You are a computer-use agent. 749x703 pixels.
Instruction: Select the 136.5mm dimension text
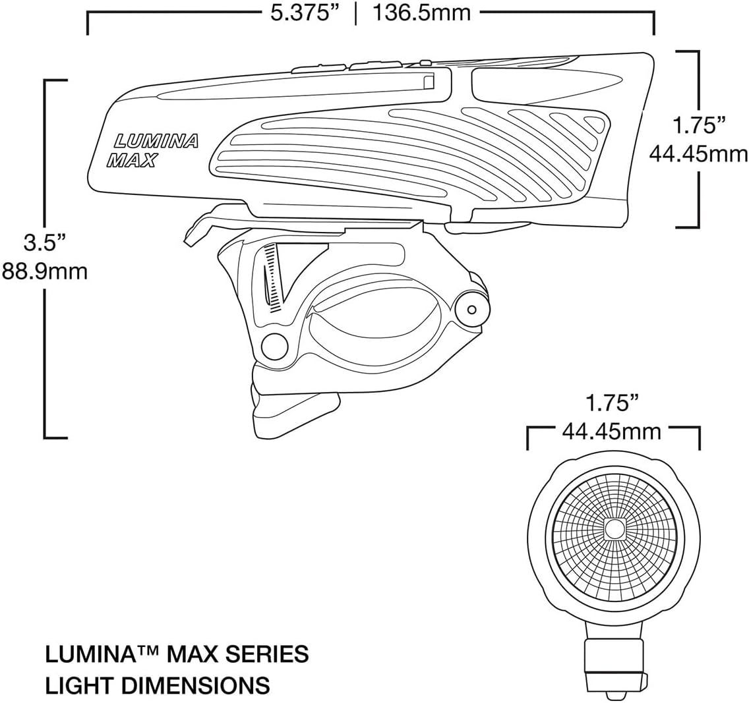point(422,13)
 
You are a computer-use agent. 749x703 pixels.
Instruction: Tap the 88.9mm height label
point(44,271)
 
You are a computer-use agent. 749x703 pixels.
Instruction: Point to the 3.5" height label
point(45,242)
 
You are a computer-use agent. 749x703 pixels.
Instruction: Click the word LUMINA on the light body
point(156,141)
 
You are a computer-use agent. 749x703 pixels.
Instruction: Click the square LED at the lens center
point(614,528)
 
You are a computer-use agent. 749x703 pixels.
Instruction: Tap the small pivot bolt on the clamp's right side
point(470,309)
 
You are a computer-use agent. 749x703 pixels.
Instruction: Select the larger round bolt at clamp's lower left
point(274,345)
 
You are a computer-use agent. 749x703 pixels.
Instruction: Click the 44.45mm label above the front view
point(611,432)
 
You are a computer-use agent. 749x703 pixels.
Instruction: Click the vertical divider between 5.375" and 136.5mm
point(356,13)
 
